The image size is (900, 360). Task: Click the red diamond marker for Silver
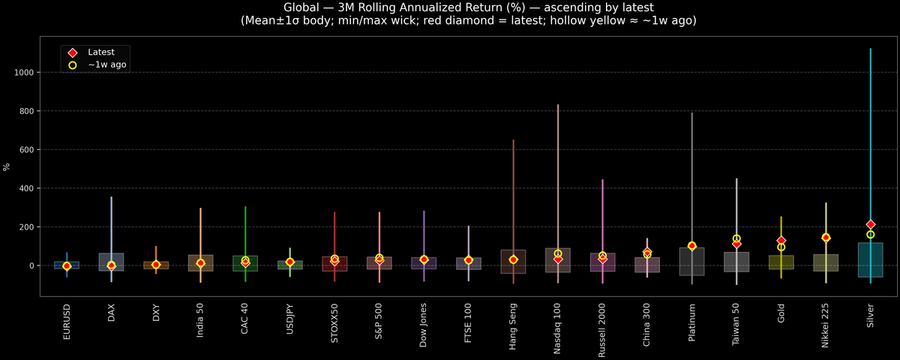click(870, 224)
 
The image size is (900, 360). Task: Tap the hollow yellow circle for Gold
click(781, 247)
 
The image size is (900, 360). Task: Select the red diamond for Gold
click(781, 240)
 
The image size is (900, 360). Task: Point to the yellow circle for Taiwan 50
click(736, 238)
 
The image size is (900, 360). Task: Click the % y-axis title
click(7, 166)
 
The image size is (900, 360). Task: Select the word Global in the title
click(304, 7)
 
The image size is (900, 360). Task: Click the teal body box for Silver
click(870, 259)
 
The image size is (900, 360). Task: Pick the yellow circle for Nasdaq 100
click(558, 253)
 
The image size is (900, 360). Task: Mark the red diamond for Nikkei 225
click(826, 237)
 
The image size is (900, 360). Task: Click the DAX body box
click(111, 262)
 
